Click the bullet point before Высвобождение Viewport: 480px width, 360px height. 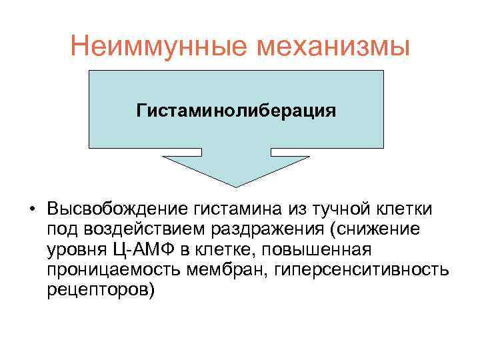tap(32, 209)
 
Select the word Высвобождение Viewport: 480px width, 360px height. tap(118, 209)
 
